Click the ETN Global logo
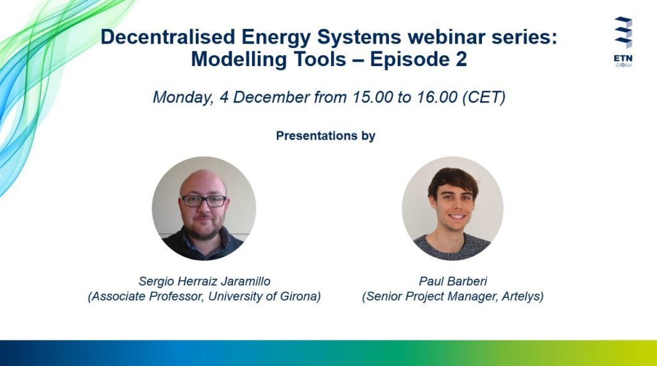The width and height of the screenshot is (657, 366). [624, 42]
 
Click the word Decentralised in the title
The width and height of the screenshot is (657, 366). [168, 37]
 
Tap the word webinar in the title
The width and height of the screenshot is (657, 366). [447, 37]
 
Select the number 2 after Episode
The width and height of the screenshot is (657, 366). [461, 59]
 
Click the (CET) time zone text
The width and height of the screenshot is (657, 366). [484, 97]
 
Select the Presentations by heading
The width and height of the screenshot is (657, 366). [325, 136]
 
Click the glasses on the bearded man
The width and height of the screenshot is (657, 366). [204, 201]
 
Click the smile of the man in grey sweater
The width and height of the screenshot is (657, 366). [456, 217]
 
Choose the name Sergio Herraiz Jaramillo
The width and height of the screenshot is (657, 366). [205, 281]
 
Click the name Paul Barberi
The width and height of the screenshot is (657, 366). [453, 281]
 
